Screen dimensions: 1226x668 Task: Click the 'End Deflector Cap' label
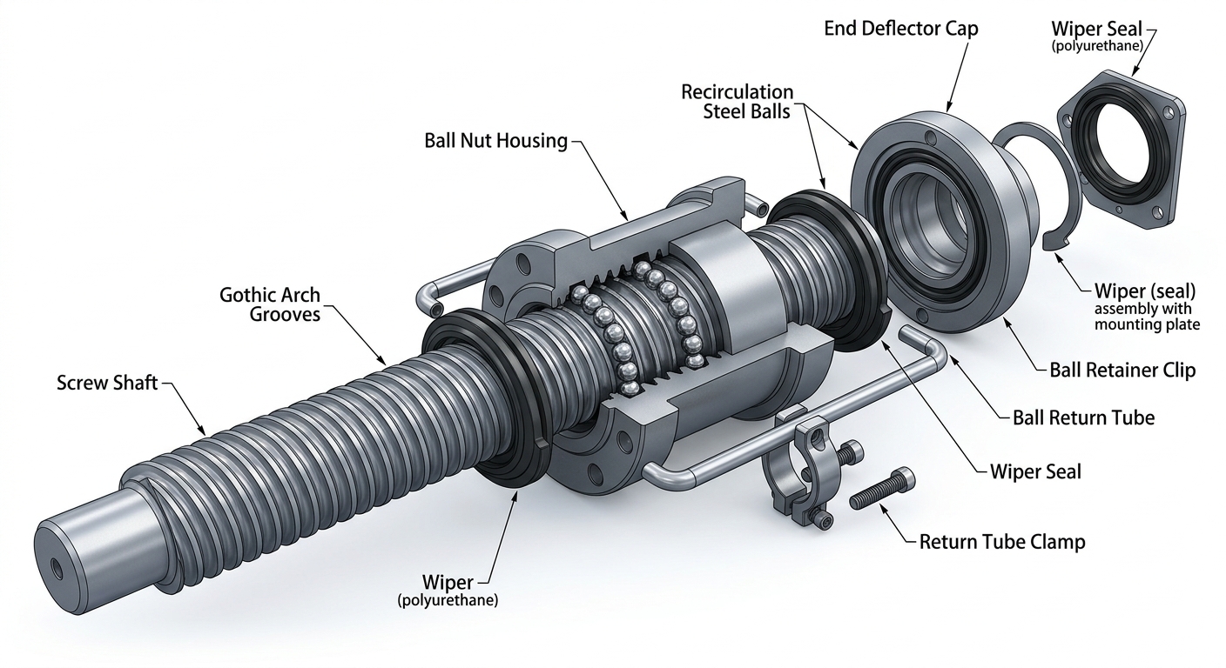[901, 29]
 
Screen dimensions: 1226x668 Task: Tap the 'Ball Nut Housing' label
[495, 141]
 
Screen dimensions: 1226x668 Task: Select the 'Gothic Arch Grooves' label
[270, 304]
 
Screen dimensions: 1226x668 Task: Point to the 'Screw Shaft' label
[107, 383]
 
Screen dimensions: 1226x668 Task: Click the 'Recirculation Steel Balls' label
[738, 102]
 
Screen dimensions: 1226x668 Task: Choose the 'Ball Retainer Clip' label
[1122, 371]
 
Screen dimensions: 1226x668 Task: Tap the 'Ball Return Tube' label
[1084, 417]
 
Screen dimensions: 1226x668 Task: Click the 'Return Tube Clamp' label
[1002, 542]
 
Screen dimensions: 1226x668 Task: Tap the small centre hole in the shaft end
[57, 567]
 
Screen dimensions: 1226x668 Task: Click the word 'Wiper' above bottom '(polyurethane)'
[448, 582]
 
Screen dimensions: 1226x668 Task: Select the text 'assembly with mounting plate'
[1147, 317]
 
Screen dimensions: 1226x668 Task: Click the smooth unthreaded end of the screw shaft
[88, 538]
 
